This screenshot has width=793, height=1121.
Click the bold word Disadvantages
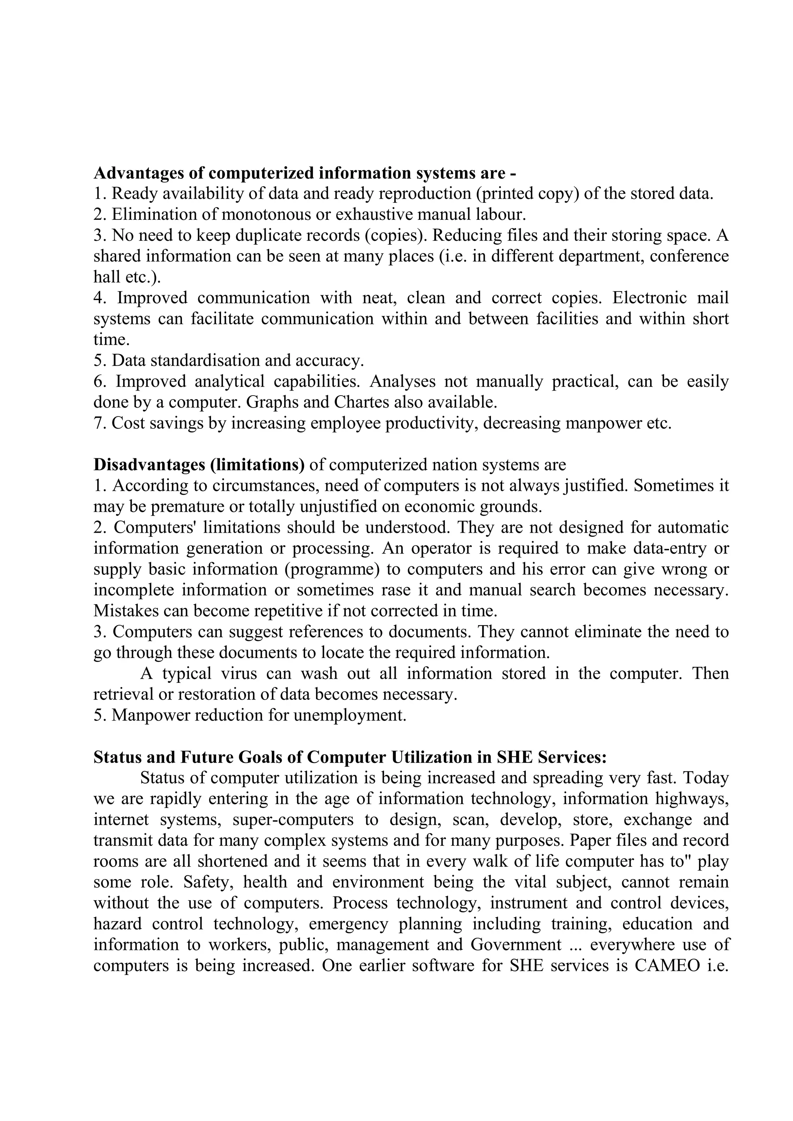pyautogui.click(x=149, y=465)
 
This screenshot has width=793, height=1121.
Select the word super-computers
pyautogui.click(x=293, y=820)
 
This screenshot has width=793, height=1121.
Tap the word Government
pyautogui.click(x=516, y=945)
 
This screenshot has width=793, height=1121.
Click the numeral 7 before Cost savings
pyautogui.click(x=97, y=423)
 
